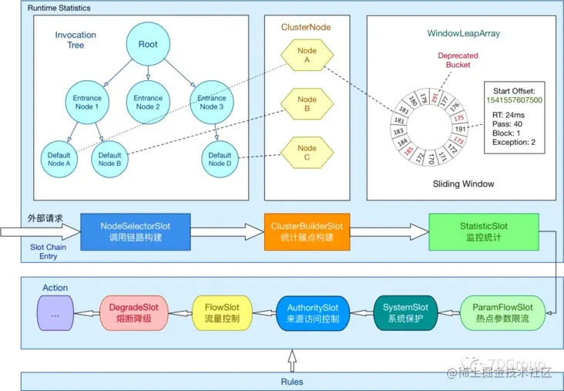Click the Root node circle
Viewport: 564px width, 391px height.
pyautogui.click(x=148, y=45)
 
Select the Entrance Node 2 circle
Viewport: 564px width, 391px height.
pyautogui.click(x=148, y=103)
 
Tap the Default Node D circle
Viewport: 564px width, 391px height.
pyautogui.click(x=219, y=159)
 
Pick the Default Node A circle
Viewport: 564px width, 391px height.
pyautogui.click(x=59, y=159)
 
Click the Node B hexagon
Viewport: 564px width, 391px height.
pyautogui.click(x=307, y=103)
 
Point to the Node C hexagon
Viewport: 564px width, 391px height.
pyautogui.click(x=307, y=152)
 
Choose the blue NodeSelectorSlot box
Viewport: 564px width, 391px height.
pyautogui.click(x=136, y=231)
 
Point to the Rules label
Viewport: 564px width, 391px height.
pyautogui.click(x=290, y=381)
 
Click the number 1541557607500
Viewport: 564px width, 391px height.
pyautogui.click(x=514, y=100)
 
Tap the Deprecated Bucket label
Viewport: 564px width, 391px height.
pyautogui.click(x=458, y=61)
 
